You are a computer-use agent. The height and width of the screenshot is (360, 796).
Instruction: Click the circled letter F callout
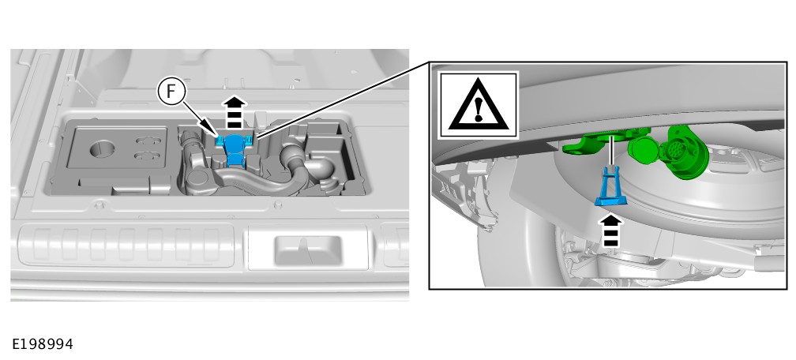(x=171, y=92)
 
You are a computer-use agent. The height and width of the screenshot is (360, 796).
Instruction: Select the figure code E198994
(x=43, y=344)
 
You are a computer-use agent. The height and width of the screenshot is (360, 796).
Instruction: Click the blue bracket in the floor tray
(x=234, y=150)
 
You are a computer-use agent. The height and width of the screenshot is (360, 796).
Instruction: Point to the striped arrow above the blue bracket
(x=234, y=113)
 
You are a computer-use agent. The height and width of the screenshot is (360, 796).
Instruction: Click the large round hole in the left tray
(x=102, y=149)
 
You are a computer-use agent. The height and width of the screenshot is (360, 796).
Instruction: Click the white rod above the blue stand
(x=613, y=153)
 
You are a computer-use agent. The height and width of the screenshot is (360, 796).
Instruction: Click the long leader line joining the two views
(x=344, y=99)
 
